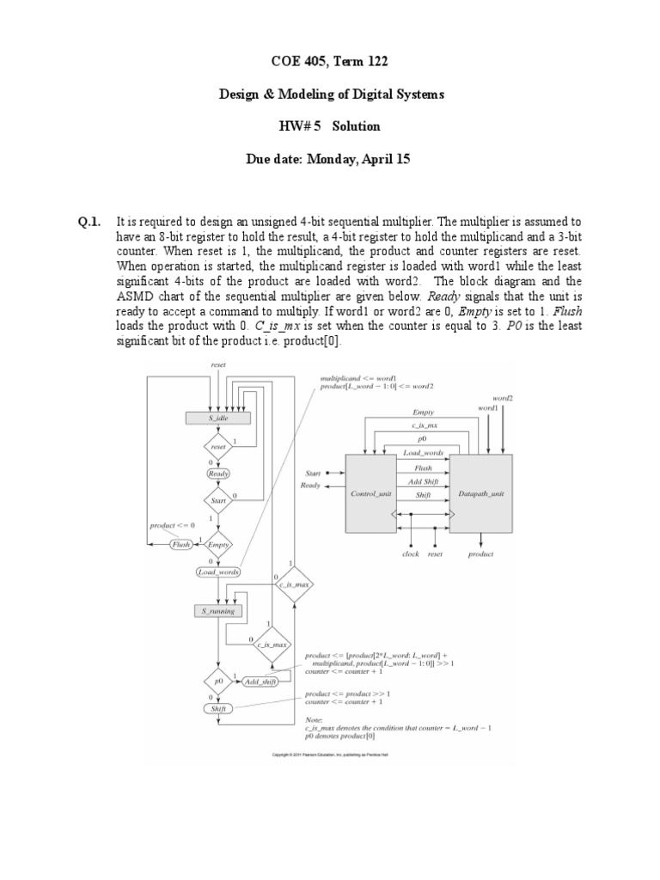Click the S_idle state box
pos(217,419)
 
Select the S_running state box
pos(217,611)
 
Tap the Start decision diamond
pos(217,499)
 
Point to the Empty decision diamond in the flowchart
pos(218,544)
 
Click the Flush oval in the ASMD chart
pos(180,544)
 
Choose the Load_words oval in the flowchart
pos(217,571)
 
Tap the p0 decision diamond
pos(217,681)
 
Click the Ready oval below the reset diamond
pos(217,474)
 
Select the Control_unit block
pos(370,494)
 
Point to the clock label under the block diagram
pos(411,554)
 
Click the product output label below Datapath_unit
pos(480,554)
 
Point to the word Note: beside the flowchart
pos(316,719)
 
